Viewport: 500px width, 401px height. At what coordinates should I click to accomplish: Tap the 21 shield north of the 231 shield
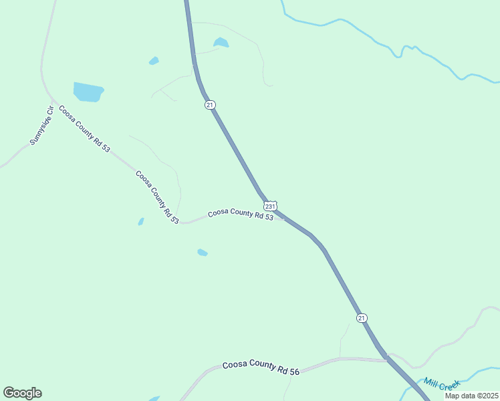pyautogui.click(x=210, y=105)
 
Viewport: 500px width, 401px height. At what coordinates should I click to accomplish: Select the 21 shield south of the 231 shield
pyautogui.click(x=362, y=318)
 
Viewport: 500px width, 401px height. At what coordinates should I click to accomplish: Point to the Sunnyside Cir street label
pyautogui.click(x=41, y=126)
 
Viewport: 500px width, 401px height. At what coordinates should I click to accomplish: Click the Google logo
pyautogui.click(x=22, y=393)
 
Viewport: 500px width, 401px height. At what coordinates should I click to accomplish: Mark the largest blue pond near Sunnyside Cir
pyautogui.click(x=88, y=92)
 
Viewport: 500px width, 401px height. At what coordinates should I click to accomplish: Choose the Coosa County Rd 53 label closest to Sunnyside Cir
pyautogui.click(x=84, y=128)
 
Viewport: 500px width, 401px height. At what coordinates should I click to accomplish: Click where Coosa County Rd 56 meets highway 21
pyautogui.click(x=387, y=360)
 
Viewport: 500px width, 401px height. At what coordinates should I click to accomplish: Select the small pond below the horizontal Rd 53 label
pyautogui.click(x=202, y=253)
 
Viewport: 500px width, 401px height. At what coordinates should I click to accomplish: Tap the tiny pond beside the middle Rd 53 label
pyautogui.click(x=141, y=221)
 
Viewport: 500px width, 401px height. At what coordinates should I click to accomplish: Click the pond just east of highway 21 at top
pyautogui.click(x=221, y=43)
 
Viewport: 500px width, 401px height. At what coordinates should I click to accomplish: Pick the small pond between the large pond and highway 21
pyautogui.click(x=154, y=61)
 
